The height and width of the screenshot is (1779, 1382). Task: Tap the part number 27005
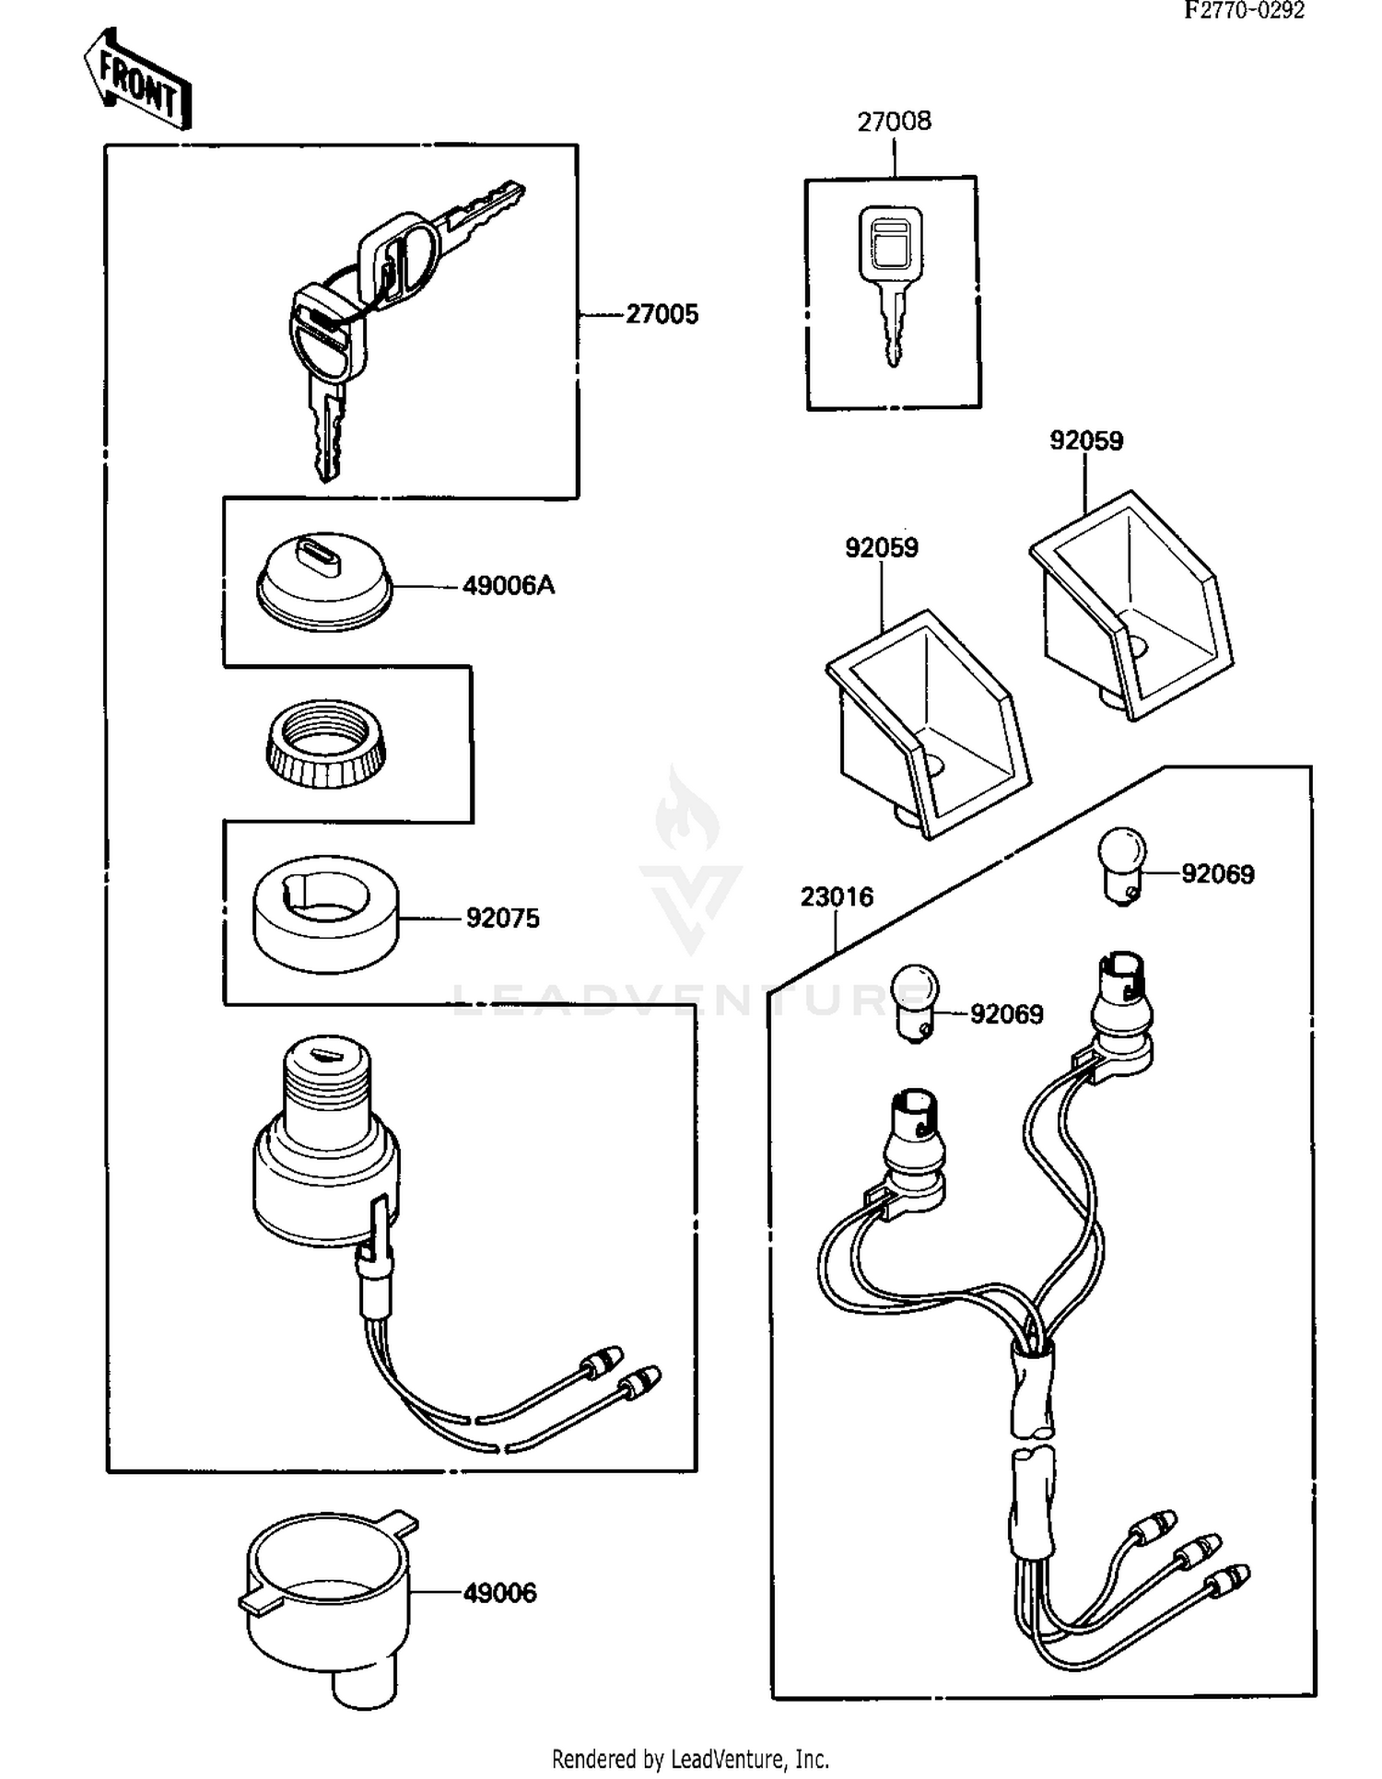coord(662,315)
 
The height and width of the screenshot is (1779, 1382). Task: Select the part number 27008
coord(894,122)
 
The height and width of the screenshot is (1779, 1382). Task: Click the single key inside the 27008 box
coord(891,276)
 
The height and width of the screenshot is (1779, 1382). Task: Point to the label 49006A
coord(509,586)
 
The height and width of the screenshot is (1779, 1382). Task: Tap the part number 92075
coord(502,919)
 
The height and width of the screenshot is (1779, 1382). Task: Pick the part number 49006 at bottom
coord(499,1593)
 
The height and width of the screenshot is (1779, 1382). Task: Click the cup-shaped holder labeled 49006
coord(328,1603)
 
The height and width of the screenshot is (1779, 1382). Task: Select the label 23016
coord(837,896)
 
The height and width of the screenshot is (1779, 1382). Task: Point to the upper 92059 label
coord(1086,441)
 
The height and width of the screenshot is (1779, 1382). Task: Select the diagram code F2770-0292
coord(1244,10)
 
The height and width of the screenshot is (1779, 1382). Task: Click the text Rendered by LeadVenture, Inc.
coord(690,1759)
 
